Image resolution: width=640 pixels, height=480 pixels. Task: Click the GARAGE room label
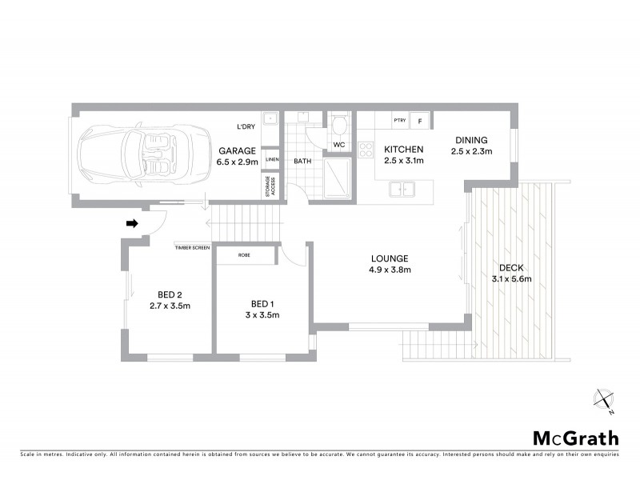pos(238,150)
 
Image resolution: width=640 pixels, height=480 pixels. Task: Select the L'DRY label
pos(246,127)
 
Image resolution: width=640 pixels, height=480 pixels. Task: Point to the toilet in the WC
pos(338,126)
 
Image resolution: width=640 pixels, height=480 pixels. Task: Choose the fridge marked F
pos(420,121)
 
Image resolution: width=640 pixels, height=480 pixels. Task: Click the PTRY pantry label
pos(399,121)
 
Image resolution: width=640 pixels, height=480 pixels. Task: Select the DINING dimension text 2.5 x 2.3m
pos(471,150)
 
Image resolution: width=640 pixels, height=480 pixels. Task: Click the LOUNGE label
pos(390,258)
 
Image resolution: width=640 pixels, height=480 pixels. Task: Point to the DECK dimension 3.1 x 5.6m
pos(511,278)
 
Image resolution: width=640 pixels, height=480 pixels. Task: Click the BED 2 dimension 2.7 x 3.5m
pos(170,306)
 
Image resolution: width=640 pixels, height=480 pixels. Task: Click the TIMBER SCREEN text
pos(192,248)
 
